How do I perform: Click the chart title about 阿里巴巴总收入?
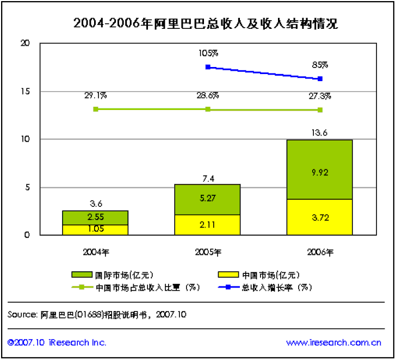(206, 23)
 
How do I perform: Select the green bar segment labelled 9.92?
(319, 169)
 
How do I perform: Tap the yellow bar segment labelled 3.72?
(319, 217)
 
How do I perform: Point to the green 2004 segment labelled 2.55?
(95, 217)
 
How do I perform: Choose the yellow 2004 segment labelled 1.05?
(95, 230)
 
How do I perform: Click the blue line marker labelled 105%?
(208, 67)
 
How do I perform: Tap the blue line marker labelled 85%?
(320, 79)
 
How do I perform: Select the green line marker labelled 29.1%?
(96, 109)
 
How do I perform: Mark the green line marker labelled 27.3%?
(320, 110)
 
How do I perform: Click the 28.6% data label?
(208, 95)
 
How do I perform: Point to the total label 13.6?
(319, 131)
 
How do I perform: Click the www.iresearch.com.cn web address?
(333, 343)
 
